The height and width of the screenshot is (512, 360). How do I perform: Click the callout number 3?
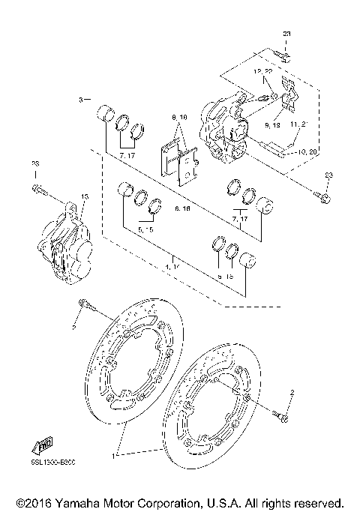point(80,99)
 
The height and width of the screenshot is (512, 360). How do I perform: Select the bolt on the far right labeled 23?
point(324,197)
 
